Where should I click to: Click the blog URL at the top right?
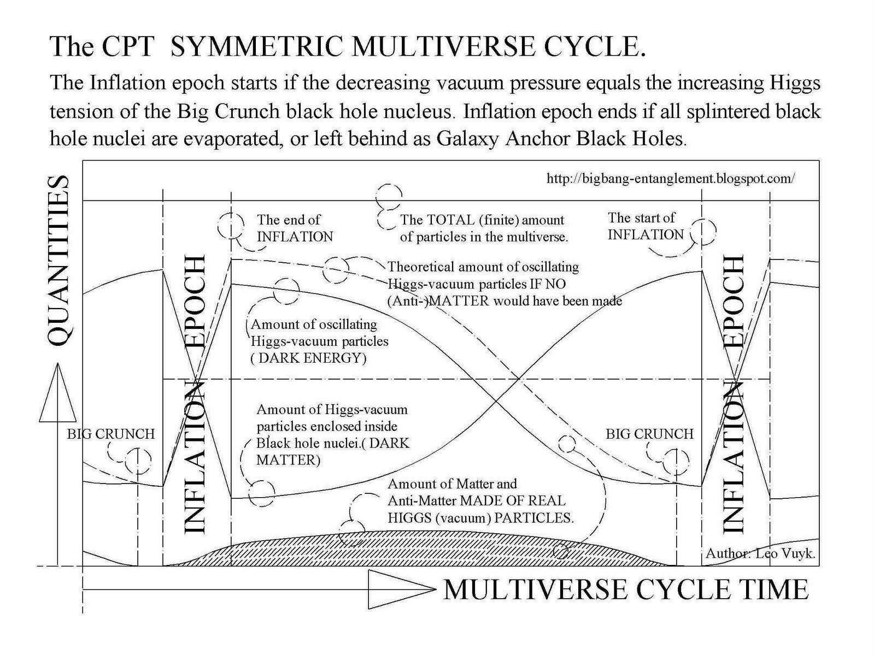pos(671,179)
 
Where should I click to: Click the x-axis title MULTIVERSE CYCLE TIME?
pos(625,589)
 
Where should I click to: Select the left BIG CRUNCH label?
pos(111,434)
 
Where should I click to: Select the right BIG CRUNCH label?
pos(649,434)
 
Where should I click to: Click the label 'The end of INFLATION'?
pos(295,228)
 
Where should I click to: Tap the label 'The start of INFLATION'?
pos(645,226)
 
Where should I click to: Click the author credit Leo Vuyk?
pos(760,553)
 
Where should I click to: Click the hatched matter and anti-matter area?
pos(437,549)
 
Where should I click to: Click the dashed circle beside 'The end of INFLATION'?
pos(231,225)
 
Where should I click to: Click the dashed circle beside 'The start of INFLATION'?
pos(702,232)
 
